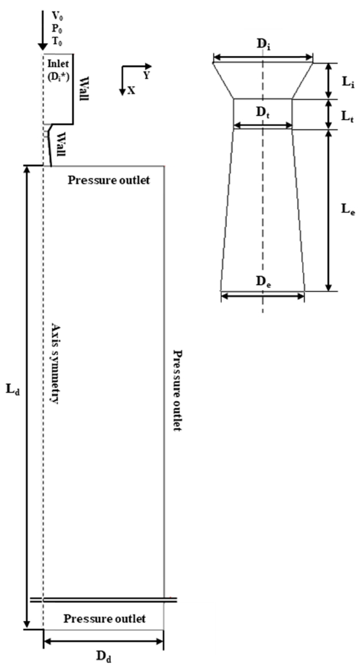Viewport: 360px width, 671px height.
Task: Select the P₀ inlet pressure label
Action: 57,27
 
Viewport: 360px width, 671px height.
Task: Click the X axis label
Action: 131,90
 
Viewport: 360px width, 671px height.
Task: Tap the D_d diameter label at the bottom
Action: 104,656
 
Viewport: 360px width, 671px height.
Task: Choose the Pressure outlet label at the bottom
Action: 104,619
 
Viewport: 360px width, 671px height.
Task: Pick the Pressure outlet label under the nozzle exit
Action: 109,180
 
